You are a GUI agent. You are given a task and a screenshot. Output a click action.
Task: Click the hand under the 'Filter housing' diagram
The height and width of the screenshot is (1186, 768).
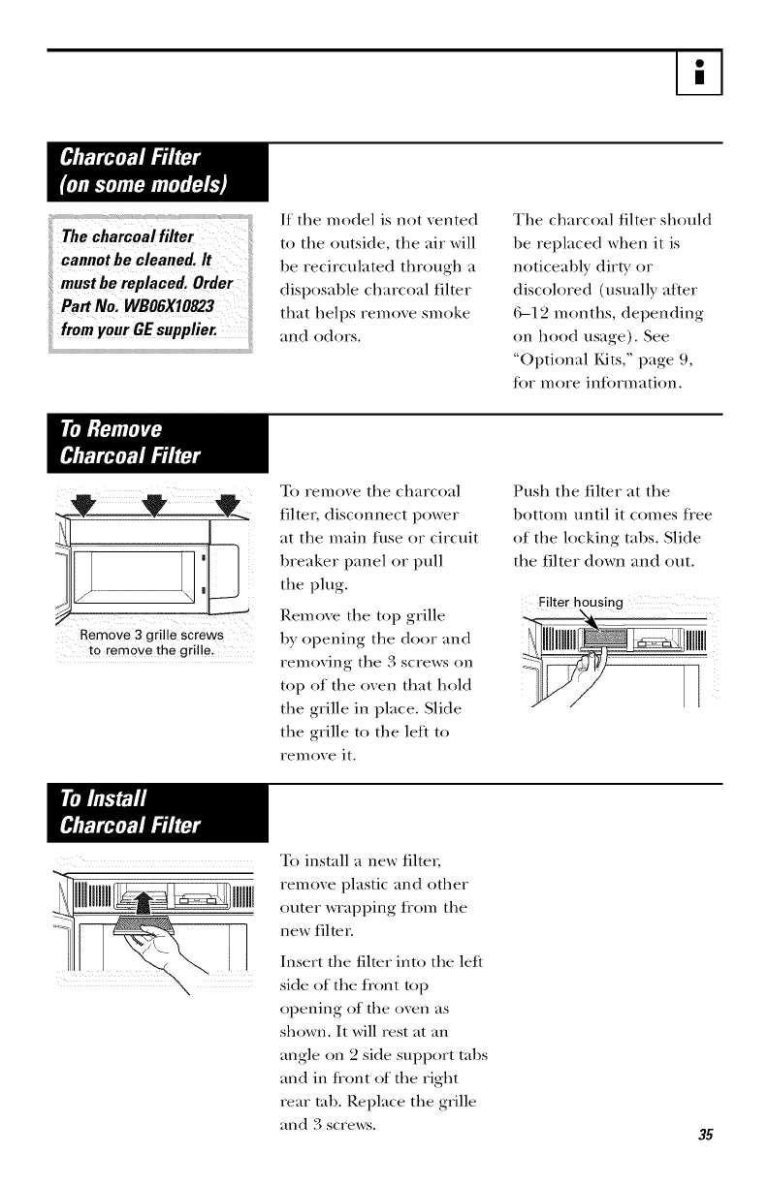click(582, 669)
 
